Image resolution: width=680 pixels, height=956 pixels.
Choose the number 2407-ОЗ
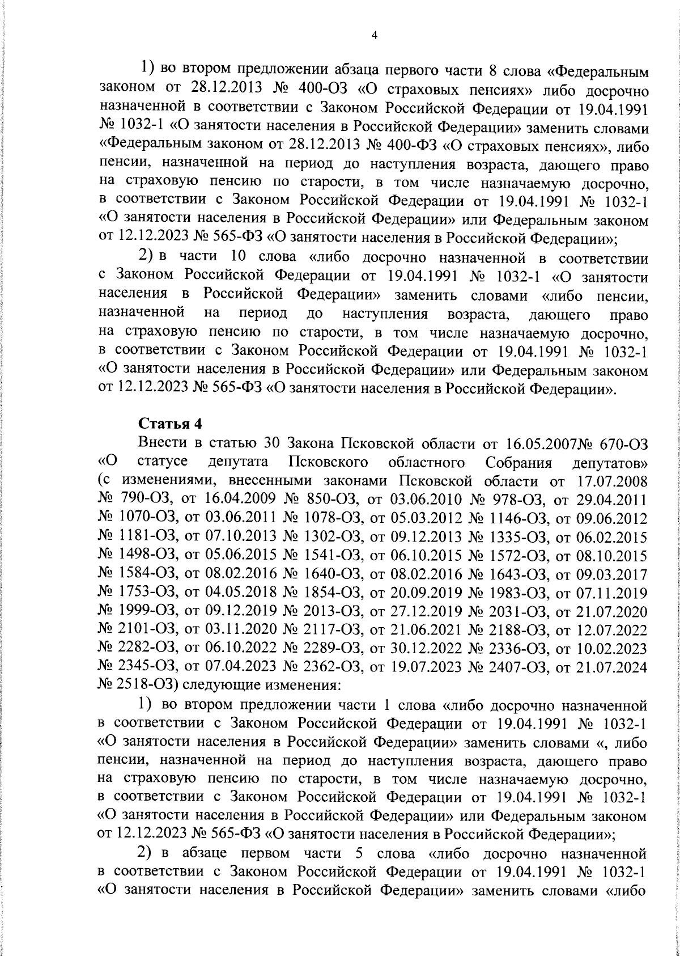pos(508,666)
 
